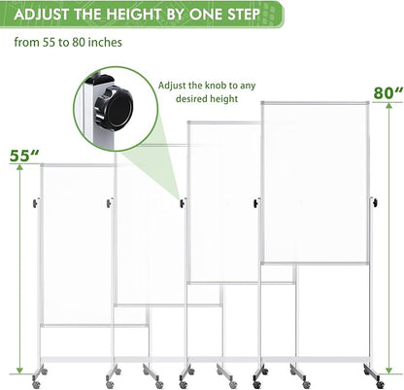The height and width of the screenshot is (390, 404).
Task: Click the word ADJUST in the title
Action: click(x=40, y=15)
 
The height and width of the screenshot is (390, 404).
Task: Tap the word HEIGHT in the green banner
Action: click(x=138, y=15)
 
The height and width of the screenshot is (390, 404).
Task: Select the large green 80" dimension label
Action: click(x=386, y=94)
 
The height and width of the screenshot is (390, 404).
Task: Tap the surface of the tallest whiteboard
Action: click(x=316, y=180)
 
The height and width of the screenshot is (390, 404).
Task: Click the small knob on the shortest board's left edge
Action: click(x=36, y=202)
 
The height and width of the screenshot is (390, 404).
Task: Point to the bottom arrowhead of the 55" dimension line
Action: click(x=16, y=372)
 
